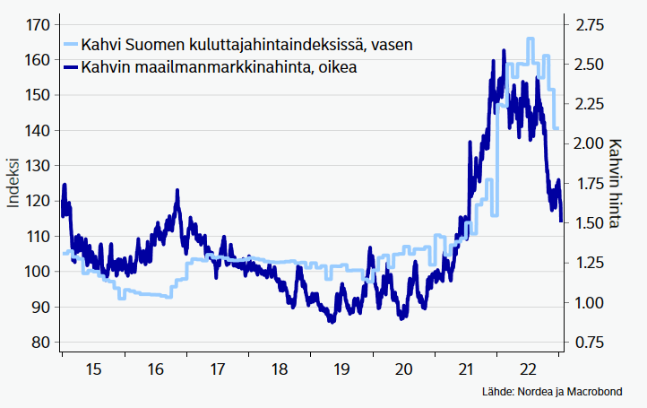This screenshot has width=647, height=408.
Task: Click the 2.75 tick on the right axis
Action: pyautogui.click(x=589, y=24)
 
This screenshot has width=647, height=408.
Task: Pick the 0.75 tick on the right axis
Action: pyautogui.click(x=589, y=343)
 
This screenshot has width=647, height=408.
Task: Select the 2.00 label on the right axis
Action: pyautogui.click(x=589, y=143)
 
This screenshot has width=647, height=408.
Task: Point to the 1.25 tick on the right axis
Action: pyautogui.click(x=589, y=263)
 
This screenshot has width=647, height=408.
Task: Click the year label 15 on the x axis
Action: pyautogui.click(x=92, y=369)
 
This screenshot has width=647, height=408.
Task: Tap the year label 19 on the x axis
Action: pyautogui.click(x=341, y=369)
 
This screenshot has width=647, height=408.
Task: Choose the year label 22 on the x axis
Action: pyautogui.click(x=529, y=369)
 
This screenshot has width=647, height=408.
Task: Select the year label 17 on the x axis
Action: pyautogui.click(x=217, y=369)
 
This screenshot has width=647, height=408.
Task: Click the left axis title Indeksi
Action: pyautogui.click(x=13, y=183)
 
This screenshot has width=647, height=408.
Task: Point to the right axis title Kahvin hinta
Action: pyautogui.click(x=616, y=183)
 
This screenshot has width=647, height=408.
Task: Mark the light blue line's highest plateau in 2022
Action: pyautogui.click(x=531, y=39)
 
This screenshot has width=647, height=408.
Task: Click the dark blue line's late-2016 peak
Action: pyautogui.click(x=177, y=191)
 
